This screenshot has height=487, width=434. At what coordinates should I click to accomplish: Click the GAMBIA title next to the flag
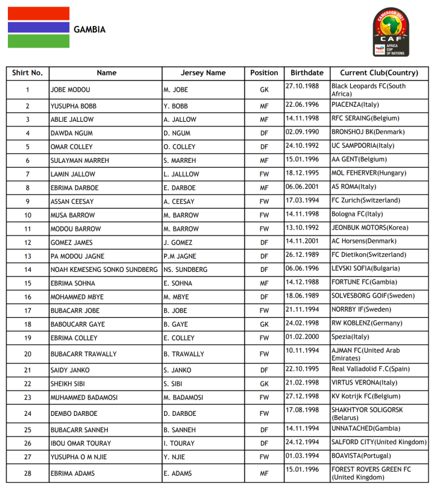point(89,30)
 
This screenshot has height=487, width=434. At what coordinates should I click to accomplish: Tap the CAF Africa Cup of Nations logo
point(391,33)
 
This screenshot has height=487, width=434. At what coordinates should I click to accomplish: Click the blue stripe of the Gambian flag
point(39,27)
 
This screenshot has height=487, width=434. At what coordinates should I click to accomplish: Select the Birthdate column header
point(307,73)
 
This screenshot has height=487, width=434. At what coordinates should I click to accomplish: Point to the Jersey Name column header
point(203,73)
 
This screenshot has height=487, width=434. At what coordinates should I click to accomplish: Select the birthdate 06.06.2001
point(301,187)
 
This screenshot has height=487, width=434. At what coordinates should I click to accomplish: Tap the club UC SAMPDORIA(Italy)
point(363,146)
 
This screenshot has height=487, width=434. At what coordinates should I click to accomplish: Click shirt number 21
point(28,370)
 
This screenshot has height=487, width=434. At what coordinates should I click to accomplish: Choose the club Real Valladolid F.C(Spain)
point(370,368)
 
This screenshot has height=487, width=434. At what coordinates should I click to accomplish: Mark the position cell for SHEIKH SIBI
point(264,384)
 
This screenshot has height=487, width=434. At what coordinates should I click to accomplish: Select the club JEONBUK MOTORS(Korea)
point(370,228)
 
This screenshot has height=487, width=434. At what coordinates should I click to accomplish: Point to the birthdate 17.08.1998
point(301,410)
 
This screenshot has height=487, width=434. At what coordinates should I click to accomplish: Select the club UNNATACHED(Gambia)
point(361,429)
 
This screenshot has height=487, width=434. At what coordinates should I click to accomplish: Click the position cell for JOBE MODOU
point(264,90)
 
